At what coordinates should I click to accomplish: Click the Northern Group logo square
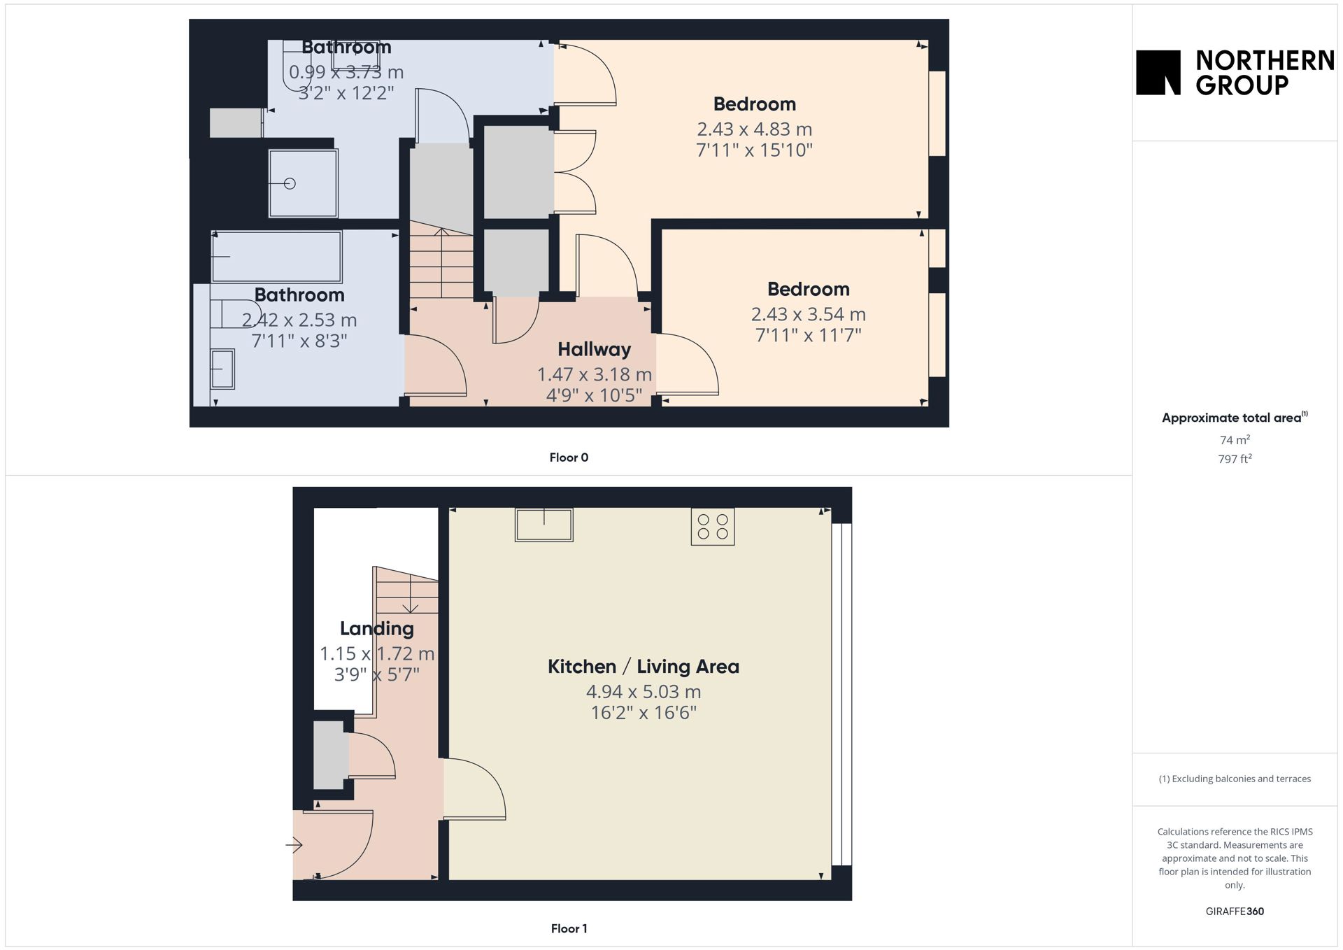pyautogui.click(x=1158, y=72)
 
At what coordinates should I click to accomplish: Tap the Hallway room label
pyautogui.click(x=594, y=349)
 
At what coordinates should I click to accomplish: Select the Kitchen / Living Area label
pyautogui.click(x=643, y=667)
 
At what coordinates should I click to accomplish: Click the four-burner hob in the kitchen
pyautogui.click(x=712, y=527)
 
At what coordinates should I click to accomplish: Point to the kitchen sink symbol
pyautogui.click(x=544, y=525)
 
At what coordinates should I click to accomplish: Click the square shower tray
pyautogui.click(x=303, y=183)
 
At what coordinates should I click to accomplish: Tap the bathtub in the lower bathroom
pyautogui.click(x=277, y=257)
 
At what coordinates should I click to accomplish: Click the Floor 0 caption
pyautogui.click(x=569, y=458)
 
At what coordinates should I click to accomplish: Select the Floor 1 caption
pyautogui.click(x=569, y=929)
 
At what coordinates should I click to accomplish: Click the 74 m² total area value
pyautogui.click(x=1235, y=440)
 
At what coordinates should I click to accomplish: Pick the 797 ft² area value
pyautogui.click(x=1235, y=459)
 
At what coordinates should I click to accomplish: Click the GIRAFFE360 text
pyautogui.click(x=1235, y=912)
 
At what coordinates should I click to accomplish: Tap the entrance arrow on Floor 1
pyautogui.click(x=294, y=845)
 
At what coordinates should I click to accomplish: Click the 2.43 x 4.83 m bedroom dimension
pyautogui.click(x=754, y=129)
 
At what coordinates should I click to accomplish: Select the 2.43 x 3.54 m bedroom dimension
pyautogui.click(x=808, y=315)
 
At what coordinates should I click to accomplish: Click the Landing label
pyautogui.click(x=376, y=629)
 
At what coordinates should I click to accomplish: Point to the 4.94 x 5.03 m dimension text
pyautogui.click(x=643, y=692)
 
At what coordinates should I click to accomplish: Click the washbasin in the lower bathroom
pyautogui.click(x=223, y=369)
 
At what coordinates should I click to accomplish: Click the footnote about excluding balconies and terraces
pyautogui.click(x=1235, y=779)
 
